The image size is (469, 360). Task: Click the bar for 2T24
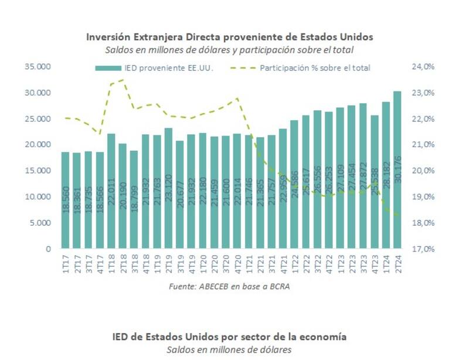point(397,170)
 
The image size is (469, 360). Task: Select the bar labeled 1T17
point(66,200)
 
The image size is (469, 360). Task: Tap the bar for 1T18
point(111,191)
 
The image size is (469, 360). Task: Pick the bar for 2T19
point(168,188)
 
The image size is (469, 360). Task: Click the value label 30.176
point(398,170)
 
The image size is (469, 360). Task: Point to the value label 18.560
point(66,200)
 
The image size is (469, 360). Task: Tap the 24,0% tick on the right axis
point(423,67)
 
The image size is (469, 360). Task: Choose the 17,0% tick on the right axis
point(423,249)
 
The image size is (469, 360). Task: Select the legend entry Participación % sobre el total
point(314,68)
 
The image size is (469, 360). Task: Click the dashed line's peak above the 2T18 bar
point(122,80)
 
